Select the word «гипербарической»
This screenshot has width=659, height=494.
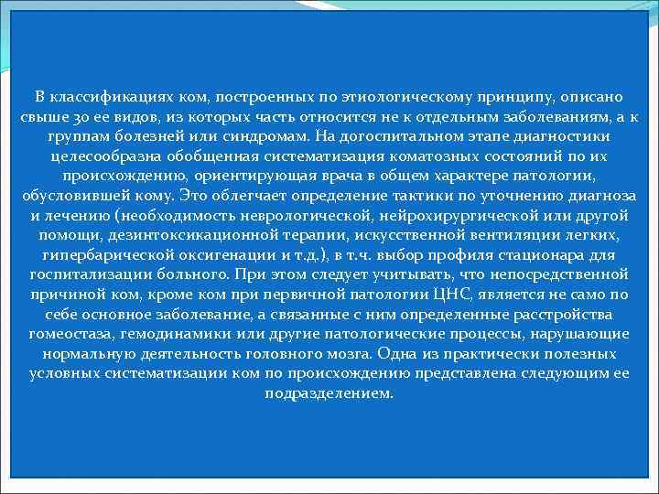(x=105, y=255)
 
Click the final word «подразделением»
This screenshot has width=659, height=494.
(x=329, y=393)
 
